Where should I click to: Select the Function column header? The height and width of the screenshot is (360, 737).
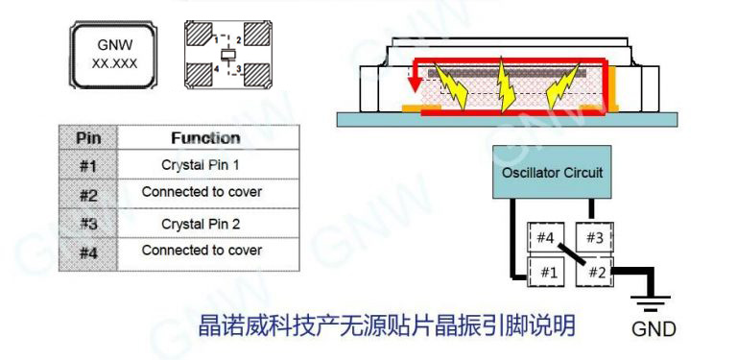pos(205,137)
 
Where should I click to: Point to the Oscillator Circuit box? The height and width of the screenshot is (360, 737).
pos(553,174)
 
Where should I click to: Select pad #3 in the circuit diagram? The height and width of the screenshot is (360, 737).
pos(595,237)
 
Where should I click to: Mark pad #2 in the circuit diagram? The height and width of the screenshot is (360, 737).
pos(595,272)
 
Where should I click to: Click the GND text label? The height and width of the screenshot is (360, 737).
pos(653,330)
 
